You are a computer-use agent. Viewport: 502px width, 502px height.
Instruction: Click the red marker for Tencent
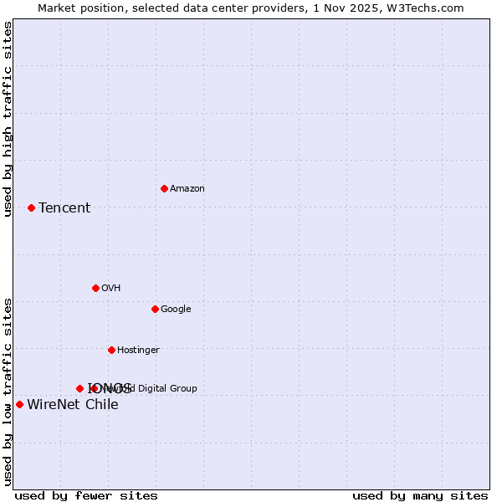click(31, 207)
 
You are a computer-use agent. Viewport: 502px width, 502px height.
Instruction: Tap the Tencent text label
click(64, 208)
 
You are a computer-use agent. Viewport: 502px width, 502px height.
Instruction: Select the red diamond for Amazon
click(164, 188)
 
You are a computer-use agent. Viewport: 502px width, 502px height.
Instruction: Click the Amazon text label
click(187, 189)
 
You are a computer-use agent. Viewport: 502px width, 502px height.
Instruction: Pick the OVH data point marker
click(95, 288)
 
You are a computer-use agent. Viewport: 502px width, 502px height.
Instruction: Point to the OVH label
click(111, 289)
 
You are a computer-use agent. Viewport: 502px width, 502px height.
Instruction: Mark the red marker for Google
click(155, 309)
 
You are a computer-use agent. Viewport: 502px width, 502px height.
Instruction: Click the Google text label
click(176, 310)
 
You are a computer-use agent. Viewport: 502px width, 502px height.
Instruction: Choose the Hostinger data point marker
click(111, 350)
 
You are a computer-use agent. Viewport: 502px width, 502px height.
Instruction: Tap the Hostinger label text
click(138, 351)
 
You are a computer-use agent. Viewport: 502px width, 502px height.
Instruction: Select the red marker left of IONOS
click(79, 388)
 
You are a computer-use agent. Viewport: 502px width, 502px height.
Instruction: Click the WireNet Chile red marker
click(19, 405)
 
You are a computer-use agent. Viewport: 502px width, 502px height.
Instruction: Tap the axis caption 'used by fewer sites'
click(86, 496)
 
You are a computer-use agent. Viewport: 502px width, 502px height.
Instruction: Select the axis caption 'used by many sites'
click(420, 496)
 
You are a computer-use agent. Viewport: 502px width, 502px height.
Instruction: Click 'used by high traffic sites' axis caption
click(8, 119)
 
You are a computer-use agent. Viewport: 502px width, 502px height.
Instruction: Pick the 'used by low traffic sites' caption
click(8, 392)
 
